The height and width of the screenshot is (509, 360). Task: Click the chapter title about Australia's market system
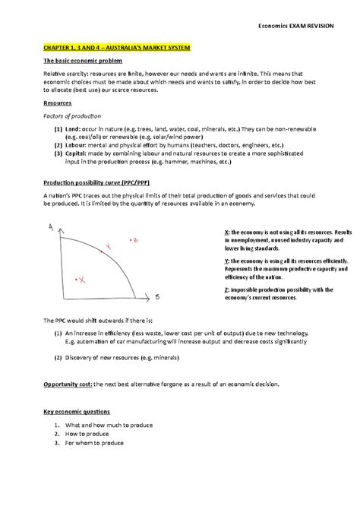click(113, 47)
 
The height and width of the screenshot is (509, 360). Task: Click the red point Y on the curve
click(108, 245)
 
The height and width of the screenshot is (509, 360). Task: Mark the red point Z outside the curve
click(134, 239)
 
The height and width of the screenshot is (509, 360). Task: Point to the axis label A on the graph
click(50, 226)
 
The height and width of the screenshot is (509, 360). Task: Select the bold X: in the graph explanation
click(219, 231)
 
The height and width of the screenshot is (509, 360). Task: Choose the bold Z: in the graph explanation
click(219, 289)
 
